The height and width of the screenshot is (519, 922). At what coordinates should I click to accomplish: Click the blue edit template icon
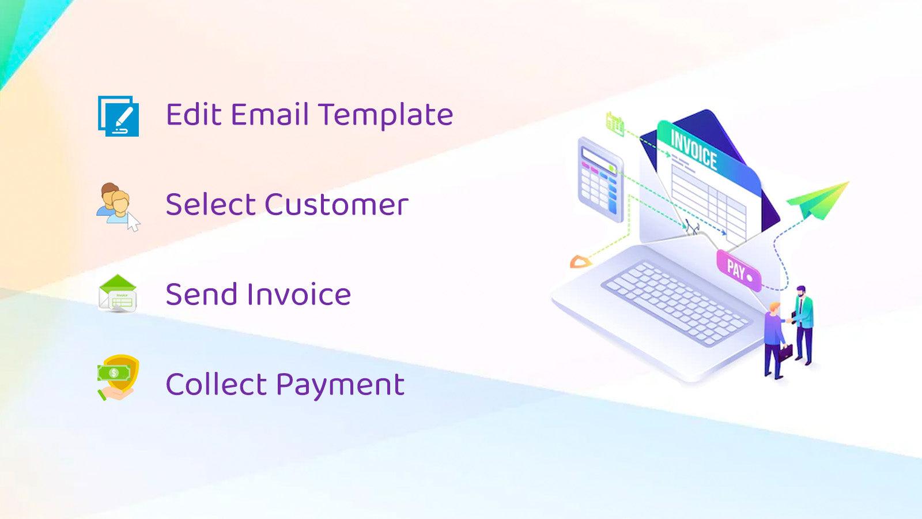(119, 116)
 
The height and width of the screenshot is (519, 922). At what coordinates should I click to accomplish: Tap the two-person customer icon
(117, 206)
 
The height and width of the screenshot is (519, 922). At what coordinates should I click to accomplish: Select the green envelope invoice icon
(118, 294)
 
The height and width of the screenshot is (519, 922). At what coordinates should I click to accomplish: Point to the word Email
(270, 114)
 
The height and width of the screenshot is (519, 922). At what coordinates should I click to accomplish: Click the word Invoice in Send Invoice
(298, 294)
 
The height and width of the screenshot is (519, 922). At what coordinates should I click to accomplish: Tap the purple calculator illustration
(600, 179)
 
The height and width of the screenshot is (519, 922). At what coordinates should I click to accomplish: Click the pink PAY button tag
(738, 269)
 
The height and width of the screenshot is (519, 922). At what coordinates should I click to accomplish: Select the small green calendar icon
(615, 123)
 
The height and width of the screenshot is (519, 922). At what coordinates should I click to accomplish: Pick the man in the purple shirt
(774, 340)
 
